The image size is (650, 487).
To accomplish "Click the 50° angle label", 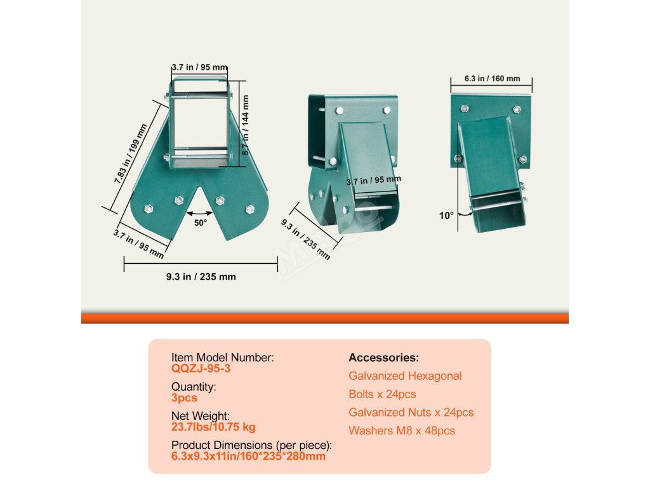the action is coord(201,223).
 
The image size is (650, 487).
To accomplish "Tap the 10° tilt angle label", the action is coord(446,216).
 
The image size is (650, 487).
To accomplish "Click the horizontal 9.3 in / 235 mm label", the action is coord(201,276).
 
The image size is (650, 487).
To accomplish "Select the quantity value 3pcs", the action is coord(184,398).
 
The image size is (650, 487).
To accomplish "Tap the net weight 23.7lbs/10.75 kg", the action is coord(213,427).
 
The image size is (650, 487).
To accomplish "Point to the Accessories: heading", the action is coord(383,358).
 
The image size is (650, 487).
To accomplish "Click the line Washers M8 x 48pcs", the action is coord(402,431).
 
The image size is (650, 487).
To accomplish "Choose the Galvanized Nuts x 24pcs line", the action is coord(411,412).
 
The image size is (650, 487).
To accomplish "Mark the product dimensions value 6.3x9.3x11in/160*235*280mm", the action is coord(248,456).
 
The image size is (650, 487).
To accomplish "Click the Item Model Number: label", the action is coord(222,358).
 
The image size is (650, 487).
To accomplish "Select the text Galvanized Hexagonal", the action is coord(405,376).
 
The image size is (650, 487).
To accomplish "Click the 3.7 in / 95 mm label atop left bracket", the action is coord(199,67).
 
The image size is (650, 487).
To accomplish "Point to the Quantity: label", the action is coord(194,387).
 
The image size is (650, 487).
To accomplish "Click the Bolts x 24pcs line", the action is coord(382,394).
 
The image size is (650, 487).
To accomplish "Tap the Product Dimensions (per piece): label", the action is coord(251,445).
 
